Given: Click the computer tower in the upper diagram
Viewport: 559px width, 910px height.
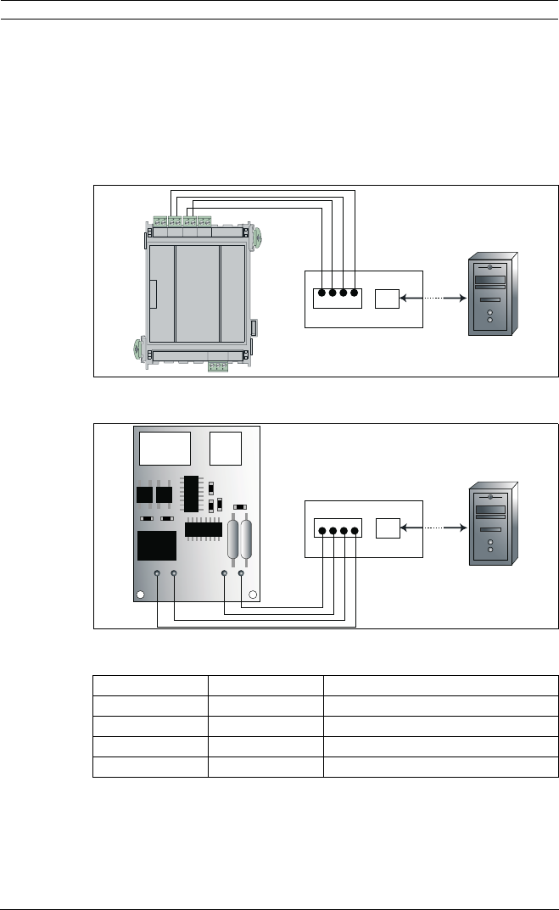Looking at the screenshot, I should [491, 295].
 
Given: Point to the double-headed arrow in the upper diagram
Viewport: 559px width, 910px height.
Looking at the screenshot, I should [432, 299].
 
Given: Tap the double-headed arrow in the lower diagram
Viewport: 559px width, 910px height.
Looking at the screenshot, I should [432, 528].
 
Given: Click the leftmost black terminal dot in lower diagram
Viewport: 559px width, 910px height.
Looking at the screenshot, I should [321, 532].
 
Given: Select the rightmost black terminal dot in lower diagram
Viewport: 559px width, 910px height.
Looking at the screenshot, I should [355, 532].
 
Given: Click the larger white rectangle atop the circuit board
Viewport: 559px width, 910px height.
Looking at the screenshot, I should [165, 448].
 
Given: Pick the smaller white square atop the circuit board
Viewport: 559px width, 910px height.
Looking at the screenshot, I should [226, 448].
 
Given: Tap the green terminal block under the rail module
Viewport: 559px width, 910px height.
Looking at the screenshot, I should [219, 366].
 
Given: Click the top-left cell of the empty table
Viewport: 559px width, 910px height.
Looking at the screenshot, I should [150, 684].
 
